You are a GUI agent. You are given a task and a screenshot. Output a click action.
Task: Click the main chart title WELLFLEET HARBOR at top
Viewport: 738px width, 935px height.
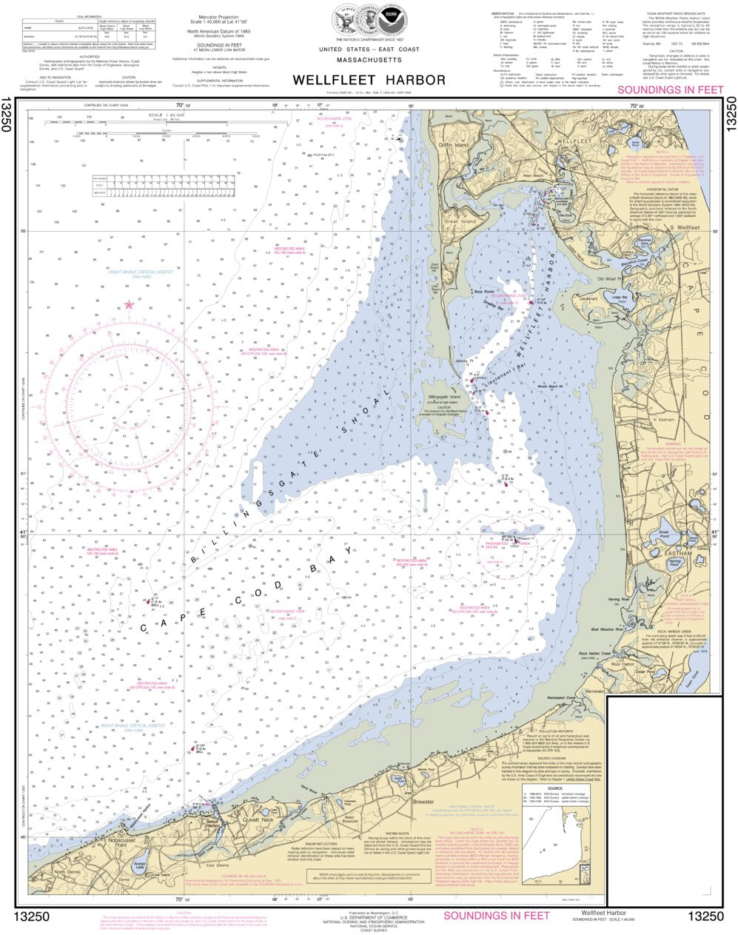[369, 80]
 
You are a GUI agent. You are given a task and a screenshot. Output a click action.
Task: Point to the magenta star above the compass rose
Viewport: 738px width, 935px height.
[130, 304]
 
